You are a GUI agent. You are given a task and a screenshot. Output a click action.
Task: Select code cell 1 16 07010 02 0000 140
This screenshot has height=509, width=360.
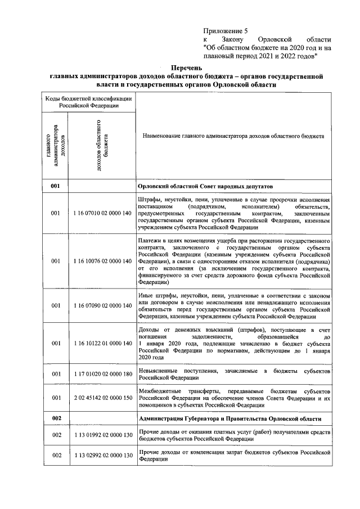(x=102, y=214)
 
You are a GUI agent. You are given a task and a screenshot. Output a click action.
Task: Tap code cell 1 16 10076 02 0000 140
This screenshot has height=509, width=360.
(x=102, y=261)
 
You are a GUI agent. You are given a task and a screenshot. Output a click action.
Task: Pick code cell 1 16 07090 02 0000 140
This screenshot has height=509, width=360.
(x=102, y=305)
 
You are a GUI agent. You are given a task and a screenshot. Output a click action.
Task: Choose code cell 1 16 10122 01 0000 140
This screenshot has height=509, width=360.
(x=102, y=342)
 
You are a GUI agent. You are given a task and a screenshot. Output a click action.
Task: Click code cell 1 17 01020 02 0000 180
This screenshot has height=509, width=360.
(x=102, y=373)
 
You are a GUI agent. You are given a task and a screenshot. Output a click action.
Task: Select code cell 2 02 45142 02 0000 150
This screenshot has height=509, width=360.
(x=102, y=398)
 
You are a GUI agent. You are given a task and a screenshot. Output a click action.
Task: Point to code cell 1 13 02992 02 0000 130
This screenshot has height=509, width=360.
(x=102, y=455)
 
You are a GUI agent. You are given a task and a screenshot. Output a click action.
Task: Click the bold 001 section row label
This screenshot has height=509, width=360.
(x=56, y=186)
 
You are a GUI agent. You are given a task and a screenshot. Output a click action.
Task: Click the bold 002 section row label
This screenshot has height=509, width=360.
(x=56, y=419)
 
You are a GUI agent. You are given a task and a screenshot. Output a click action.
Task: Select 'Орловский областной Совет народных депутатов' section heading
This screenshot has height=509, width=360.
(x=205, y=186)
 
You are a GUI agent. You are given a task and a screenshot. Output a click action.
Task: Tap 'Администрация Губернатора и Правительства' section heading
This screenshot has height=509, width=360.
(x=229, y=419)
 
